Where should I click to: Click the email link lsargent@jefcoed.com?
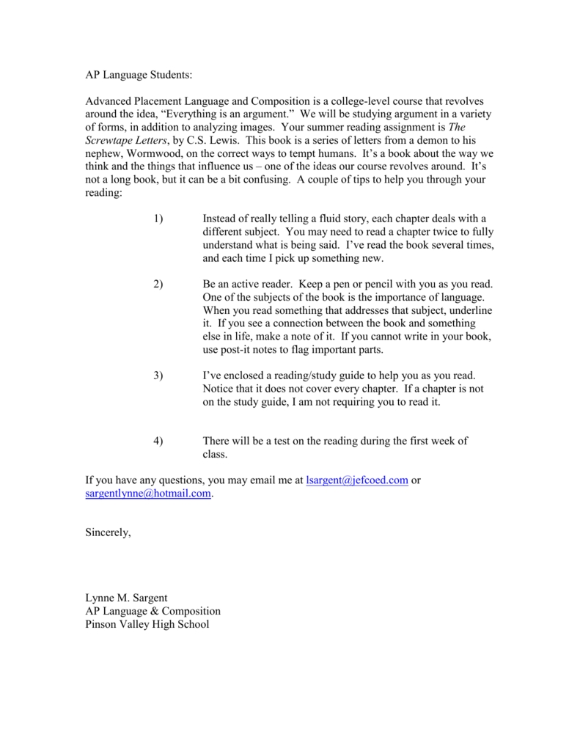[x=356, y=480]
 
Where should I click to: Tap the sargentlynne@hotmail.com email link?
[x=148, y=494]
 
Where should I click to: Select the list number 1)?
[x=158, y=219]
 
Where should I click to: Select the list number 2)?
[x=158, y=284]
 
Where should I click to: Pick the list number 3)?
[x=158, y=375]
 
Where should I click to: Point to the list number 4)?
[x=158, y=441]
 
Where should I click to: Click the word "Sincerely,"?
[x=109, y=533]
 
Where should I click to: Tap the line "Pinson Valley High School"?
[x=147, y=624]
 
